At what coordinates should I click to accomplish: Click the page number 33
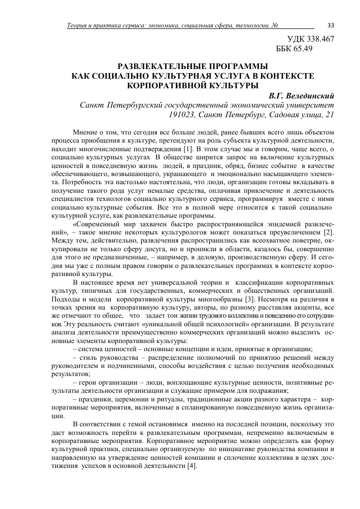click(331, 25)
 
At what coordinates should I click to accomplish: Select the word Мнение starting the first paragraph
click(85, 132)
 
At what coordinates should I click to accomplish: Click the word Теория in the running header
click(79, 26)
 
